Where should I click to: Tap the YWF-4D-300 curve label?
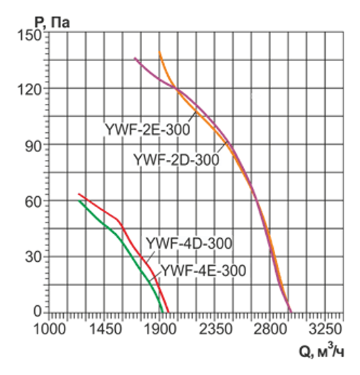(189, 243)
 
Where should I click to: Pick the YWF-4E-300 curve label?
(203, 270)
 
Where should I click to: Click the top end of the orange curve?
(160, 53)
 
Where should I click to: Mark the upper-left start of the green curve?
(80, 201)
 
